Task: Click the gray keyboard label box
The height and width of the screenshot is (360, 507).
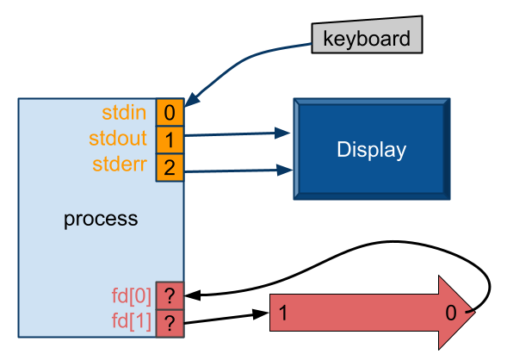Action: coord(367,38)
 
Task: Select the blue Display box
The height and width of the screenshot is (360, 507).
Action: coord(371,150)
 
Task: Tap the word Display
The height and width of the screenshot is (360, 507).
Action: coord(371,150)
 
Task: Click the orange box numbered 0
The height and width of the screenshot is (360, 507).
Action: coord(170,112)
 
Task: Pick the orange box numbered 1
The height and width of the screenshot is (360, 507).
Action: coord(170,140)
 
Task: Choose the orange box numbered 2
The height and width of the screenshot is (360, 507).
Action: coord(170,168)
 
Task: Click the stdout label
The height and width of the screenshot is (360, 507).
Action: coord(118,139)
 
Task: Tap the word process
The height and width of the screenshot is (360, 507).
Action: coord(101,219)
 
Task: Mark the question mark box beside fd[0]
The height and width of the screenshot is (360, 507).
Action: coord(170,296)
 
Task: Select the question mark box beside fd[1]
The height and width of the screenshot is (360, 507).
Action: coord(170,324)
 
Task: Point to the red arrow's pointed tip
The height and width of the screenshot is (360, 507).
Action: coord(473,313)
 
